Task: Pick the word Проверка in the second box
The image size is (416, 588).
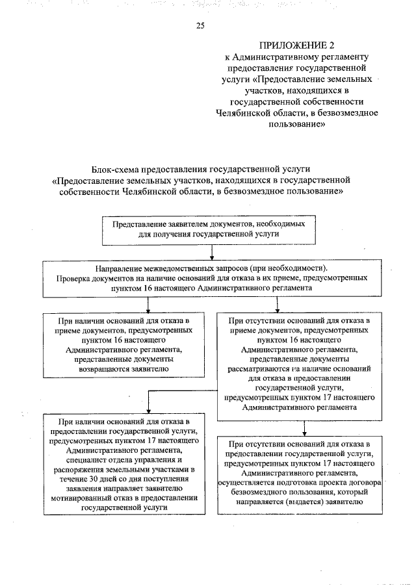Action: (x=73, y=278)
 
